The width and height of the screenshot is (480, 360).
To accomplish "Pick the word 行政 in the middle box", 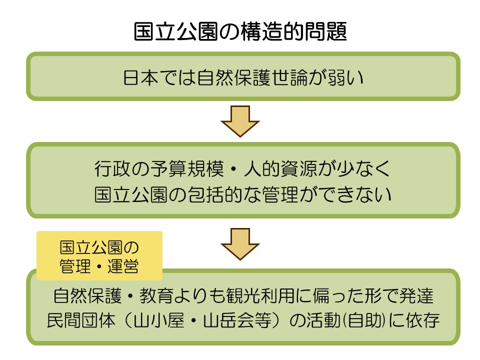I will pyautogui.click(x=113, y=168).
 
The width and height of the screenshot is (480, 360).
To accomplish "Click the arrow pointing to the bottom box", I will pyautogui.click(x=240, y=244).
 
